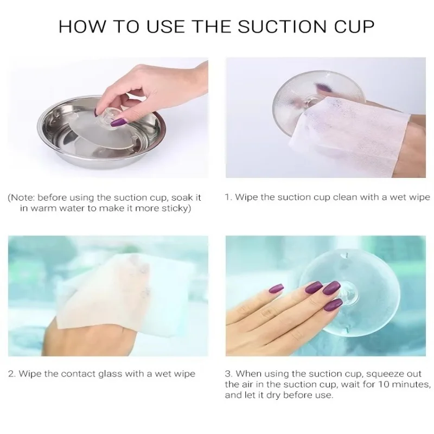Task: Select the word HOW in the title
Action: point(82,27)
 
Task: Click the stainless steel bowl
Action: point(101,133)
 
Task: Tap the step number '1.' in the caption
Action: point(228,197)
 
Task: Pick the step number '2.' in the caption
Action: point(12,374)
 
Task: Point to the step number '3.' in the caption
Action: point(228,374)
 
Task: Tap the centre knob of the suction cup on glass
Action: point(347,294)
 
